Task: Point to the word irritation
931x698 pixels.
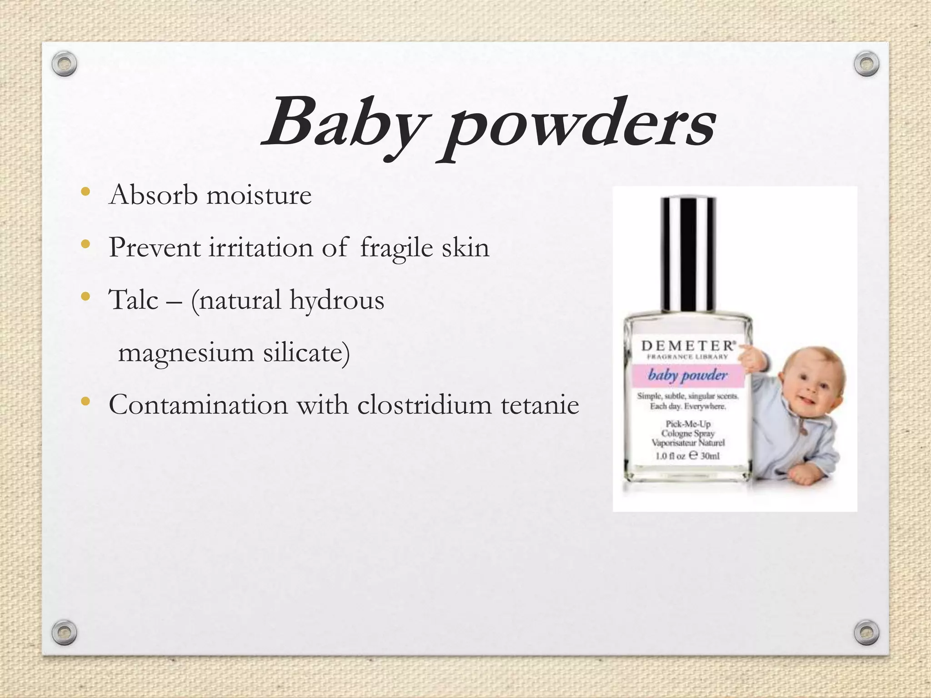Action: point(261,248)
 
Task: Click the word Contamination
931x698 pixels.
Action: point(198,404)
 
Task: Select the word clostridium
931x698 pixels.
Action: point(424,404)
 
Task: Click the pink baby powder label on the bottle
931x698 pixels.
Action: point(687,375)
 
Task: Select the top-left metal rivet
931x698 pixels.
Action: point(64,64)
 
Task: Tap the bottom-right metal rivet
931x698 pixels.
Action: point(866,632)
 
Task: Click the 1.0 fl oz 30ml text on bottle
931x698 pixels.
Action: point(687,455)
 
